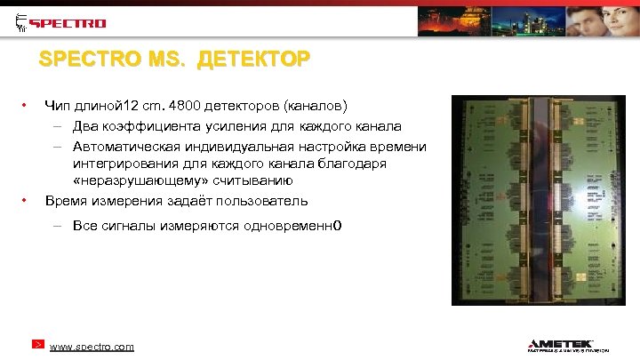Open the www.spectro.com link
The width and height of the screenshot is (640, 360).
pyautogui.click(x=92, y=346)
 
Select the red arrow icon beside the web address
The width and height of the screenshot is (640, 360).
pyautogui.click(x=39, y=344)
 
